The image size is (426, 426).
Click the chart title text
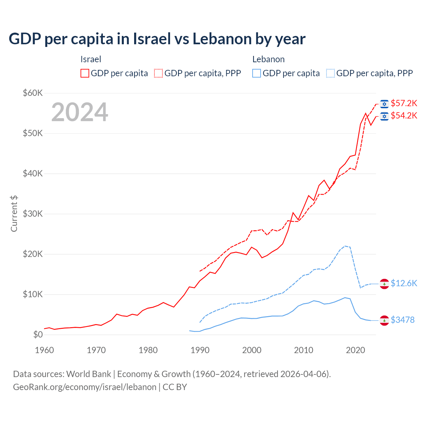(157, 39)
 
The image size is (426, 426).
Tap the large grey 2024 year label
(80, 112)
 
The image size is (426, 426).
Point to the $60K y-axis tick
(33, 93)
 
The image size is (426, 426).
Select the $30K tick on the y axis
(33, 214)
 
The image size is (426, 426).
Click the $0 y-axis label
(38, 334)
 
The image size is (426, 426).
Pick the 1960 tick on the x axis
(44, 350)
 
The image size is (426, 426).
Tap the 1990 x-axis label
(200, 350)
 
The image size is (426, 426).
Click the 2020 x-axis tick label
(355, 350)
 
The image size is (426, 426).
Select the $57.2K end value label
(404, 103)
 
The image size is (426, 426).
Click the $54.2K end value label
(404, 115)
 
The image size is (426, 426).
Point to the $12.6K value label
(404, 283)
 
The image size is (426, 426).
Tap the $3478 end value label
(402, 320)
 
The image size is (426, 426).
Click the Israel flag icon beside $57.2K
(384, 104)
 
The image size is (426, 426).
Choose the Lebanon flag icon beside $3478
(384, 320)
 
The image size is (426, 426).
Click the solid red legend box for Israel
(85, 73)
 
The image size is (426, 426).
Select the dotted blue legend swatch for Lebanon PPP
(330, 73)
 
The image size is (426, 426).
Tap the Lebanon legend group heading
(268, 59)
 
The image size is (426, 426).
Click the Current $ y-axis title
(14, 214)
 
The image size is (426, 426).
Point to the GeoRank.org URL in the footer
(85, 387)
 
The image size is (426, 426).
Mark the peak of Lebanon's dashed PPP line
(345, 246)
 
